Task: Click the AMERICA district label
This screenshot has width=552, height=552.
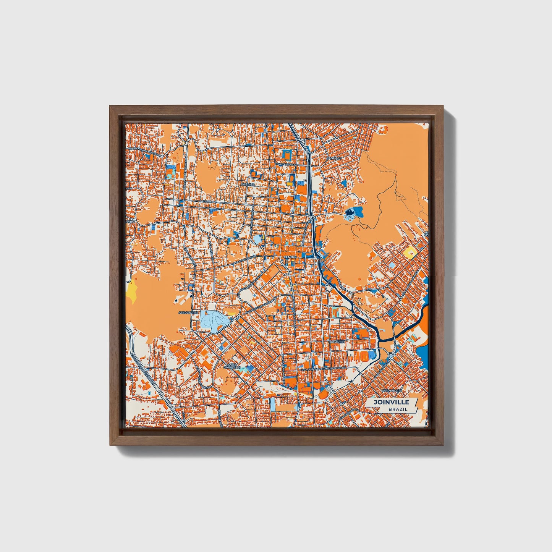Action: tap(248, 184)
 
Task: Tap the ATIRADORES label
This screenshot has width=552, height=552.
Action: tap(189, 312)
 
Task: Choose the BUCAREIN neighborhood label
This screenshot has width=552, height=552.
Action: tap(337, 342)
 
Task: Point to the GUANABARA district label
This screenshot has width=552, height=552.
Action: tap(390, 390)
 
